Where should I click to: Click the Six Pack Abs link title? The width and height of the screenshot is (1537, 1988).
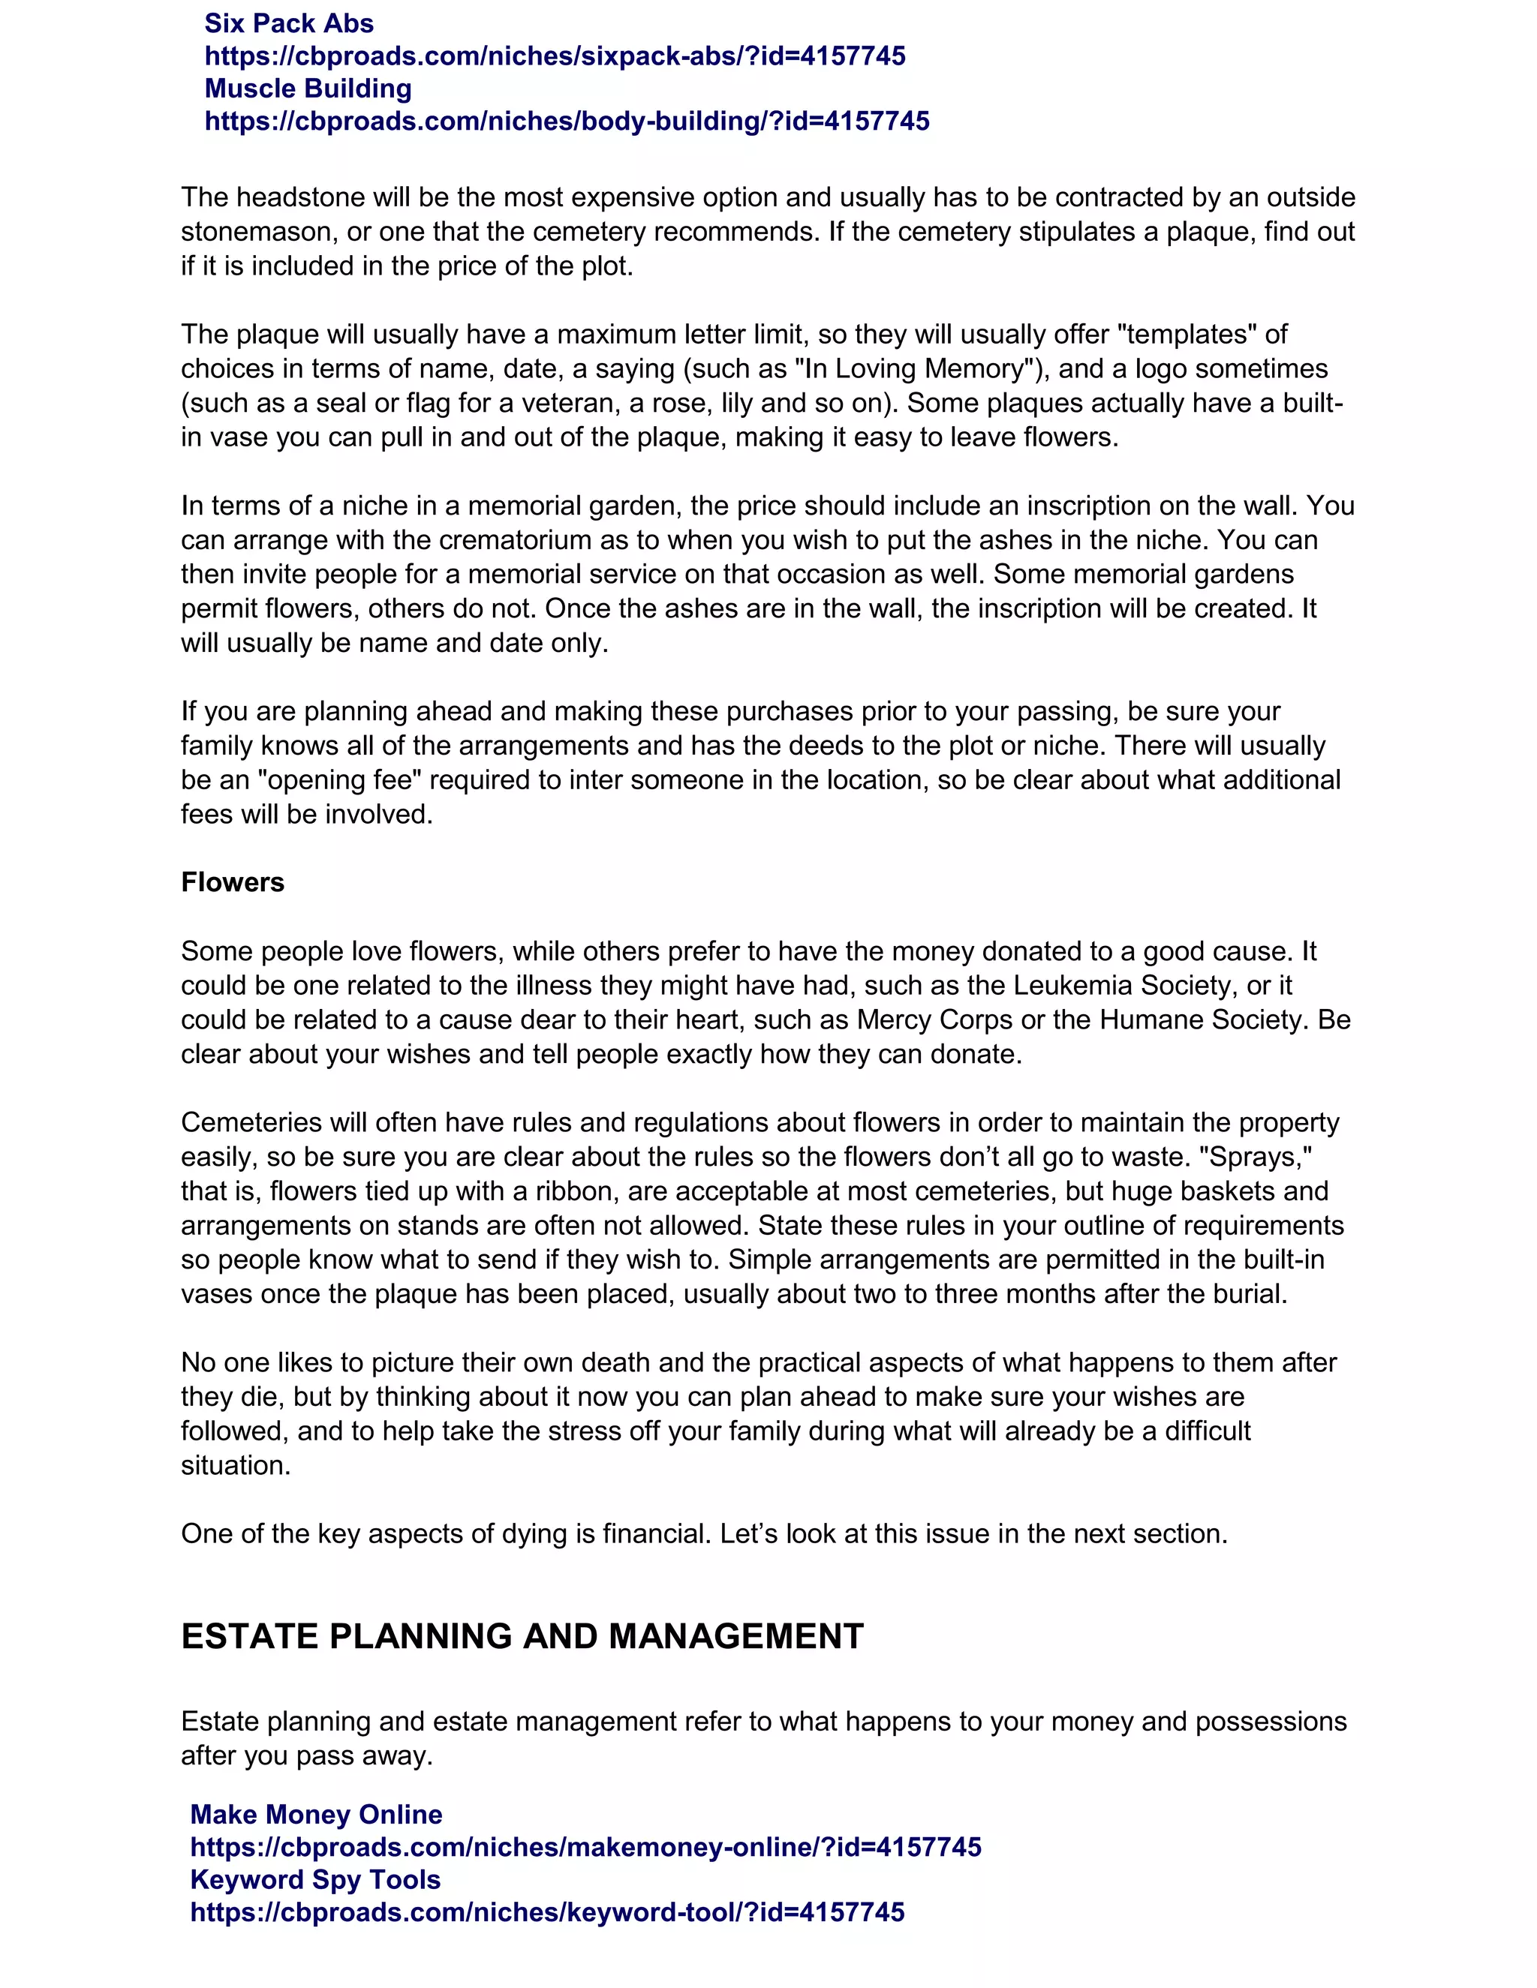pyautogui.click(x=289, y=23)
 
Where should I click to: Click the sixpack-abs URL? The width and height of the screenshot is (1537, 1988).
pyautogui.click(x=555, y=56)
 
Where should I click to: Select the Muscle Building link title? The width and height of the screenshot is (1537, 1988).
pyautogui.click(x=308, y=89)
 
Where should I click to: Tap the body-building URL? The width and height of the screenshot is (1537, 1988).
pyautogui.click(x=567, y=121)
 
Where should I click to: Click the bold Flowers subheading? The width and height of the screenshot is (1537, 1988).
pyautogui.click(x=232, y=882)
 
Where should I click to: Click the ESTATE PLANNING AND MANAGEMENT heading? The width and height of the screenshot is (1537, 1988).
pyautogui.click(x=522, y=1635)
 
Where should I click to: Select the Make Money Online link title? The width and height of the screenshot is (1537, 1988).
pyautogui.click(x=316, y=1814)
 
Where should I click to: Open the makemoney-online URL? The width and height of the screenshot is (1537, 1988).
pyautogui.click(x=585, y=1847)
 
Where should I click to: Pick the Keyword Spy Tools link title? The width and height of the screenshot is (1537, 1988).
pyautogui.click(x=315, y=1880)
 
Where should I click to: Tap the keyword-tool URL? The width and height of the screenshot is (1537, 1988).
pyautogui.click(x=547, y=1912)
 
